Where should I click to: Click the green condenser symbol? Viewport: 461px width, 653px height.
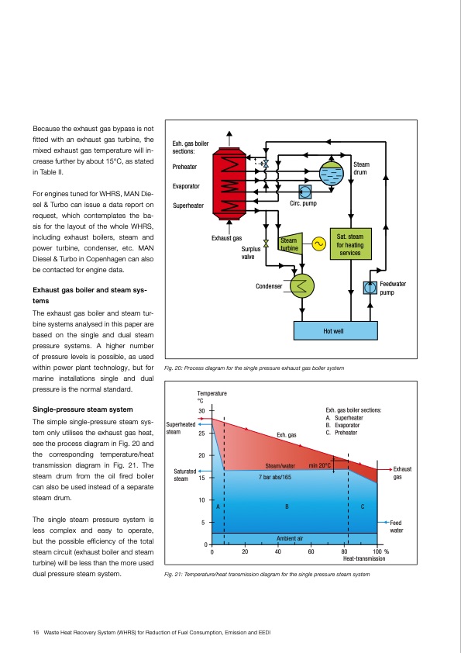[x=298, y=286]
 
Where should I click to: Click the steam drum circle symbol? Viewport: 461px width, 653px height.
[x=332, y=173]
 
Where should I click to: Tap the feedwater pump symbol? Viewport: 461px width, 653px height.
[x=370, y=288]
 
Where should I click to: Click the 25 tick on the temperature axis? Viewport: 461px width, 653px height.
[x=201, y=433]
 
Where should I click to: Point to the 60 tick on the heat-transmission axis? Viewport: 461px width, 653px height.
[x=311, y=551]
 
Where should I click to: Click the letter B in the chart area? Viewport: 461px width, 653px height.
[x=287, y=506]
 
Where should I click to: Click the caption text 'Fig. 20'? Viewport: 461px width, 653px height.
[x=174, y=366]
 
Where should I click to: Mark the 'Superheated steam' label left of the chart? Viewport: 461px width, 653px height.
[x=180, y=427]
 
